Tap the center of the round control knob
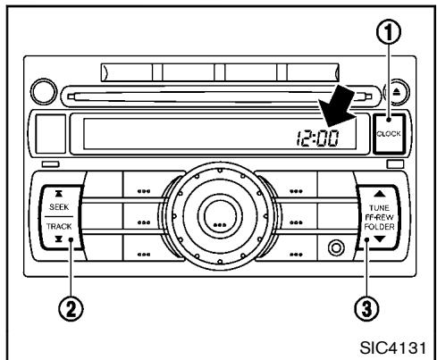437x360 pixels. (x=218, y=219)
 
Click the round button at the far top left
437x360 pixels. (x=42, y=93)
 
